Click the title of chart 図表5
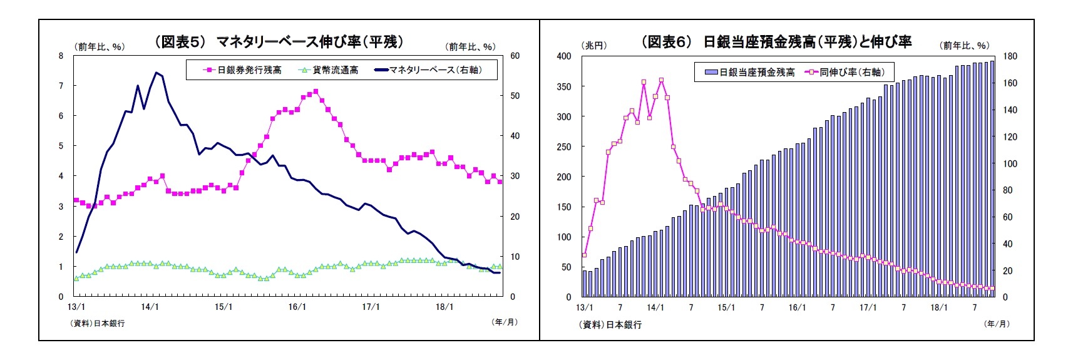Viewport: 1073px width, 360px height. (279, 41)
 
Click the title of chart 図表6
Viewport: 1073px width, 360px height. (776, 42)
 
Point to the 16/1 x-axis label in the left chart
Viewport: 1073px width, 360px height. (297, 307)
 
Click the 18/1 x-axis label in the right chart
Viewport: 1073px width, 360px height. (939, 308)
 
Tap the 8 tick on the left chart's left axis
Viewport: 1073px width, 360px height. (61, 56)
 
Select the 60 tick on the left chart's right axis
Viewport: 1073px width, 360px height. (515, 56)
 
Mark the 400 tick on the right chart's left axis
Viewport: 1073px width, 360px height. (564, 56)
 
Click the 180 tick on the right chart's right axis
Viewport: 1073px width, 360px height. (1010, 56)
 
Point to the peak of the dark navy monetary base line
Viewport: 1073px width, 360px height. (156, 73)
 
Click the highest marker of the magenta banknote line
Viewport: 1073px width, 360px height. (316, 91)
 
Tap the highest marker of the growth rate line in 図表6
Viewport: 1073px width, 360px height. (661, 80)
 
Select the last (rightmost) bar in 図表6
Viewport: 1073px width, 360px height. (992, 178)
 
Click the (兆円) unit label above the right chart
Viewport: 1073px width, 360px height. (594, 46)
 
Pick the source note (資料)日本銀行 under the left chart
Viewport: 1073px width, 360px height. (98, 323)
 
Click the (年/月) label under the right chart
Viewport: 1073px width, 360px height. (997, 324)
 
